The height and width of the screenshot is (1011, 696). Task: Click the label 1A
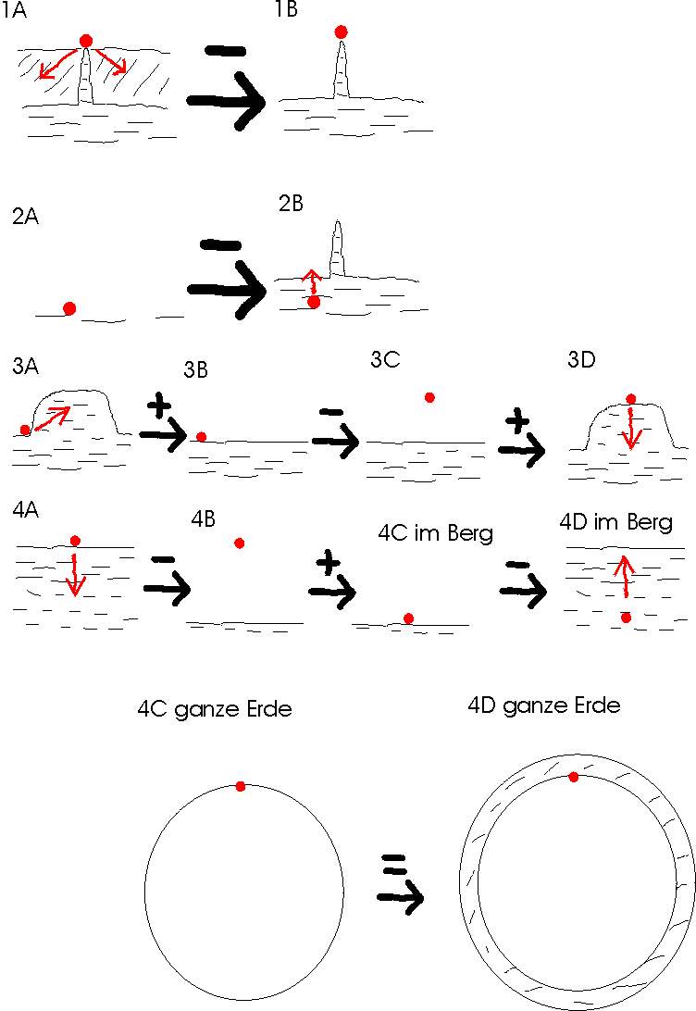14,11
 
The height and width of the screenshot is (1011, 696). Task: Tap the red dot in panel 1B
341,32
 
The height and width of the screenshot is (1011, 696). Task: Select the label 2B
291,203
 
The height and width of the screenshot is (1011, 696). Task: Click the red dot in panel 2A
69,309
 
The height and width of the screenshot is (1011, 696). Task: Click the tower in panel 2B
336,250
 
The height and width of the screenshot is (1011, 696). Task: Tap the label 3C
385,359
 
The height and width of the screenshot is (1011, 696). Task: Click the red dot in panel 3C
429,398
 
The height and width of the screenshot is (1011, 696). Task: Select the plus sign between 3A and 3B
159,406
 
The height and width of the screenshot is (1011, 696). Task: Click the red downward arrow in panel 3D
631,427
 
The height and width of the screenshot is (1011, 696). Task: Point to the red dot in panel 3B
201,437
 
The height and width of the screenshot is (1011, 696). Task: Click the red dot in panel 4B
239,543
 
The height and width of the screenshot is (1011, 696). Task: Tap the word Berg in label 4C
470,534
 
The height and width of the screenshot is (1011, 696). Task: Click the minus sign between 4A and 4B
164,559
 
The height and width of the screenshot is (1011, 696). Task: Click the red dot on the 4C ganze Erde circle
241,787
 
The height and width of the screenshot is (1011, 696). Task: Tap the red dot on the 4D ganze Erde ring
574,777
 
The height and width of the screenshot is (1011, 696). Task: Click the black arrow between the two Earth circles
401,897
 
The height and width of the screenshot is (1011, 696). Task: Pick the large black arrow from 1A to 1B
226,101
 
